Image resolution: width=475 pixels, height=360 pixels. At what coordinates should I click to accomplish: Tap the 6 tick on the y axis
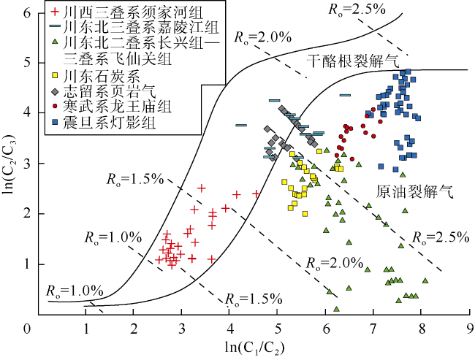pyautogui.click(x=26, y=12)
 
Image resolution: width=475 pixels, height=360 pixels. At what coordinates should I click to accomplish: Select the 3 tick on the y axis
pyautogui.click(x=26, y=163)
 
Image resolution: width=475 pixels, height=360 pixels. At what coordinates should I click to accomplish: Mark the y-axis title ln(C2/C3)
pyautogui.click(x=9, y=164)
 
